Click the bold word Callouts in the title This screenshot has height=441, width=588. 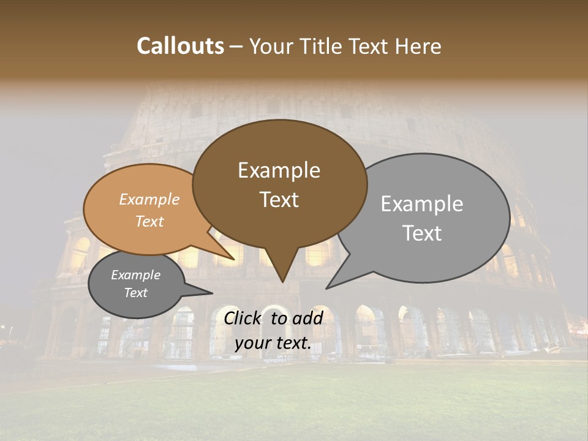point(180,46)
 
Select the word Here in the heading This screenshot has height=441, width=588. point(418,46)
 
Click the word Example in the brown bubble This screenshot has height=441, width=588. point(279,170)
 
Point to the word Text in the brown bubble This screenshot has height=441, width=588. point(279,200)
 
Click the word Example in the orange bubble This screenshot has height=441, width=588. point(149,200)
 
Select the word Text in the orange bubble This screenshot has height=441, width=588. point(149,221)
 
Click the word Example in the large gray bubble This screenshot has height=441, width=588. point(422,204)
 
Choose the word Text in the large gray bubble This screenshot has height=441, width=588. point(422,233)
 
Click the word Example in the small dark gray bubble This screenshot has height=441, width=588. point(136,275)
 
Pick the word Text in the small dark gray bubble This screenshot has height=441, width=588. point(136,293)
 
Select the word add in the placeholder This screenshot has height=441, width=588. point(308,318)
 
